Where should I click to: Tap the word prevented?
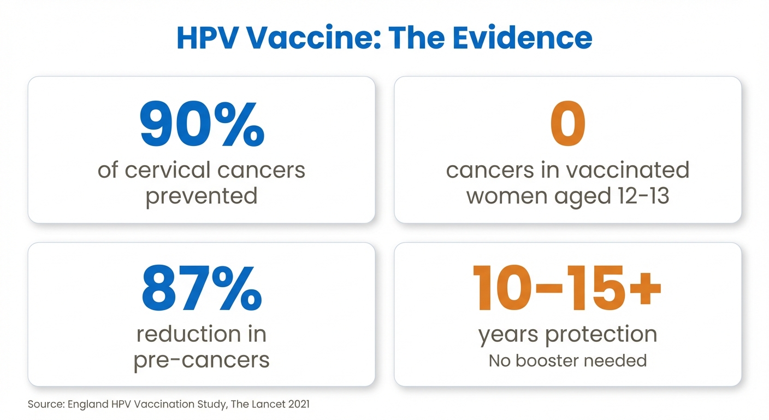pyautogui.click(x=202, y=195)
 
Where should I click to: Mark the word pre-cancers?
pyautogui.click(x=202, y=359)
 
